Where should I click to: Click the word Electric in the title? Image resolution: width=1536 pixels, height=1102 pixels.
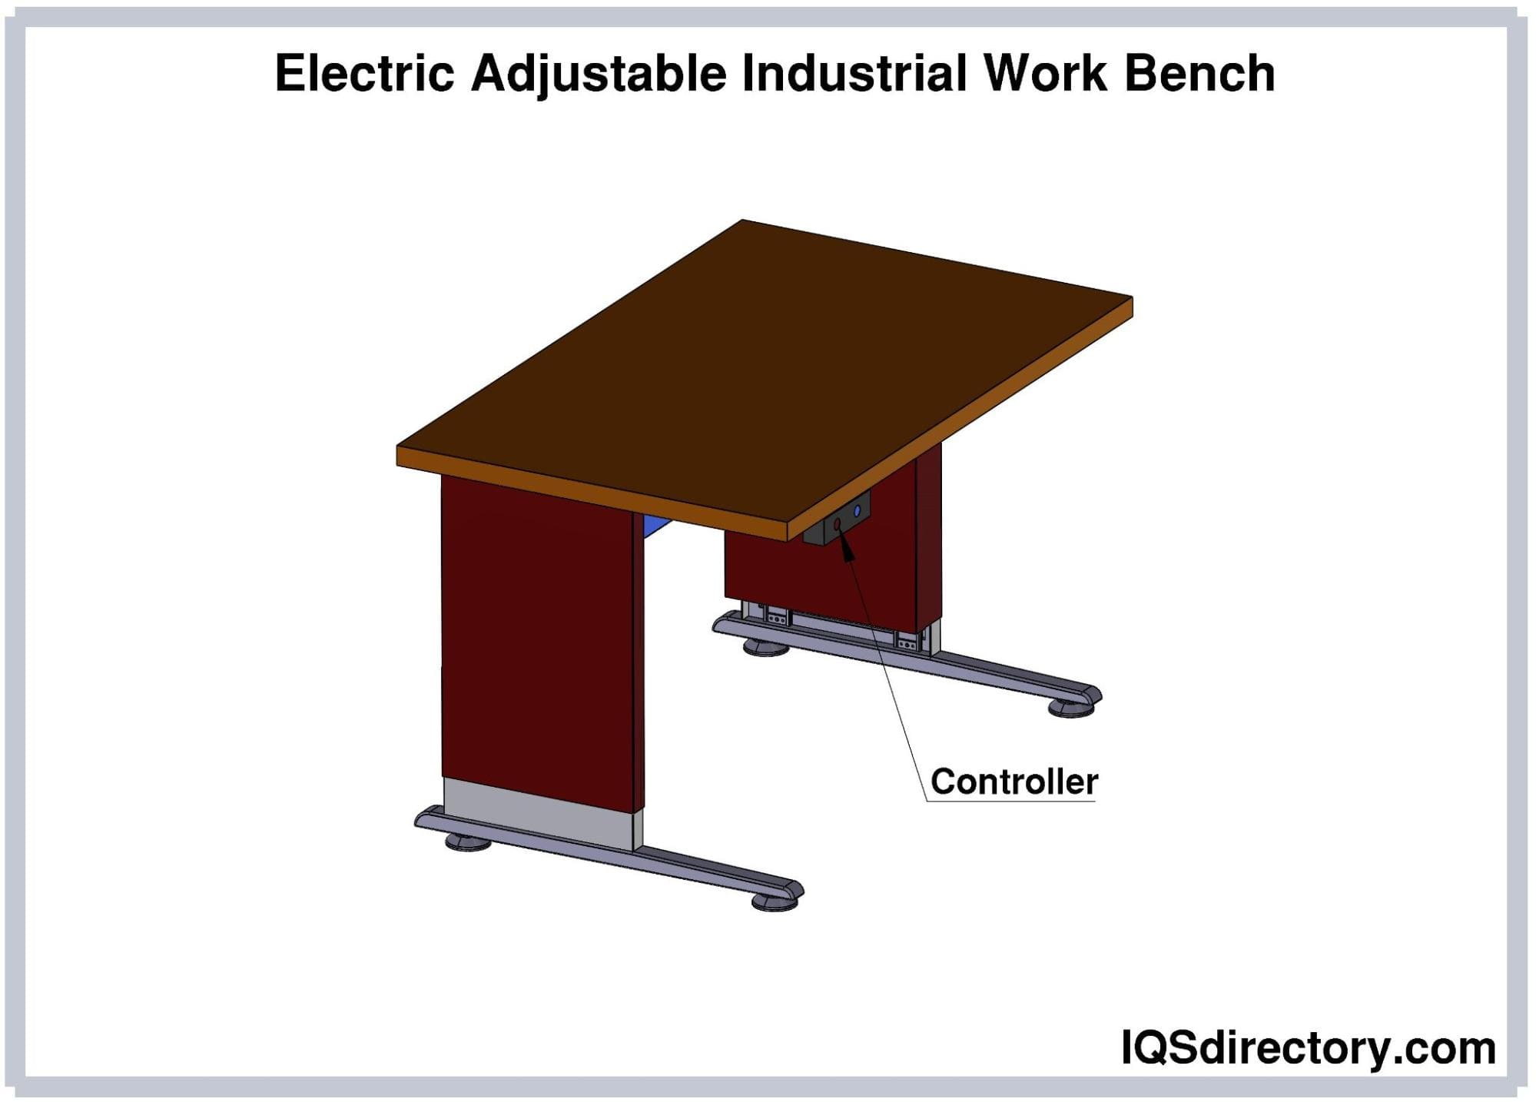click(364, 74)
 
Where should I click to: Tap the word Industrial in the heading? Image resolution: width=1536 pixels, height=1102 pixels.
click(854, 74)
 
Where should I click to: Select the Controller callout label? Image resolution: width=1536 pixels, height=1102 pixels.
click(1014, 782)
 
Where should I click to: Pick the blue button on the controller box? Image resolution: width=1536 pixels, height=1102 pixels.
click(858, 510)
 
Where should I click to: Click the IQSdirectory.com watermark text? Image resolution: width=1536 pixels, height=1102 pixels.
click(1309, 1047)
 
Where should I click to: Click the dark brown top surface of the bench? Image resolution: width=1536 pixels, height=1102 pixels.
click(765, 369)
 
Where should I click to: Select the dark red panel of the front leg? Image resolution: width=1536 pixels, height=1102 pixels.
click(538, 642)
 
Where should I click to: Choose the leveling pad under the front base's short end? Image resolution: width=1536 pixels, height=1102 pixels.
click(468, 842)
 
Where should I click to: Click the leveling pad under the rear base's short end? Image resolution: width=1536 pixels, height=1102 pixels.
click(766, 648)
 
